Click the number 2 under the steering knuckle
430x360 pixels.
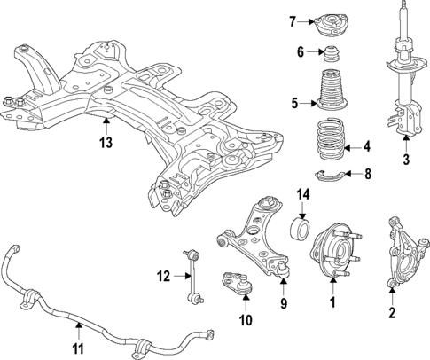tap(391, 312)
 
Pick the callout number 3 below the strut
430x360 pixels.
tap(405, 160)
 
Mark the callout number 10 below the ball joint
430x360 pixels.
tap(246, 319)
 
